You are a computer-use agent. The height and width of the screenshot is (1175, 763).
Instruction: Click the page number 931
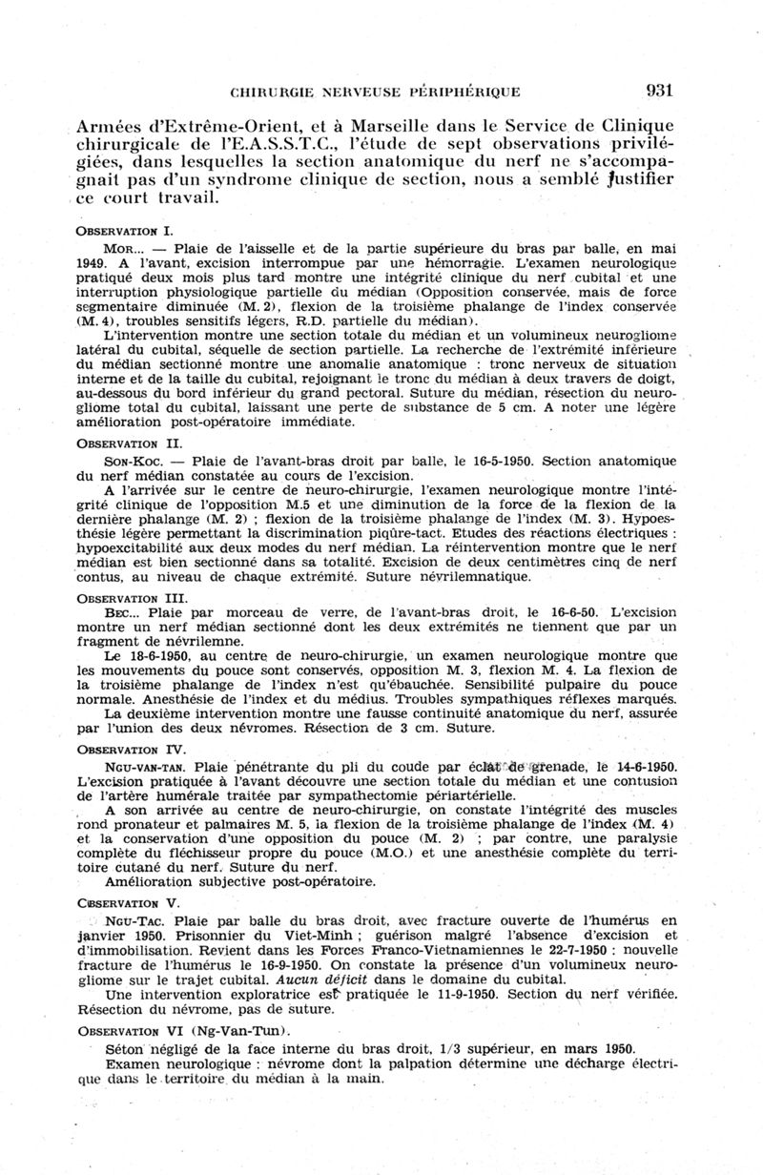click(x=659, y=92)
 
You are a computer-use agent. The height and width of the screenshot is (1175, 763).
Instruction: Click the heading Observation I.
click(x=123, y=232)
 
